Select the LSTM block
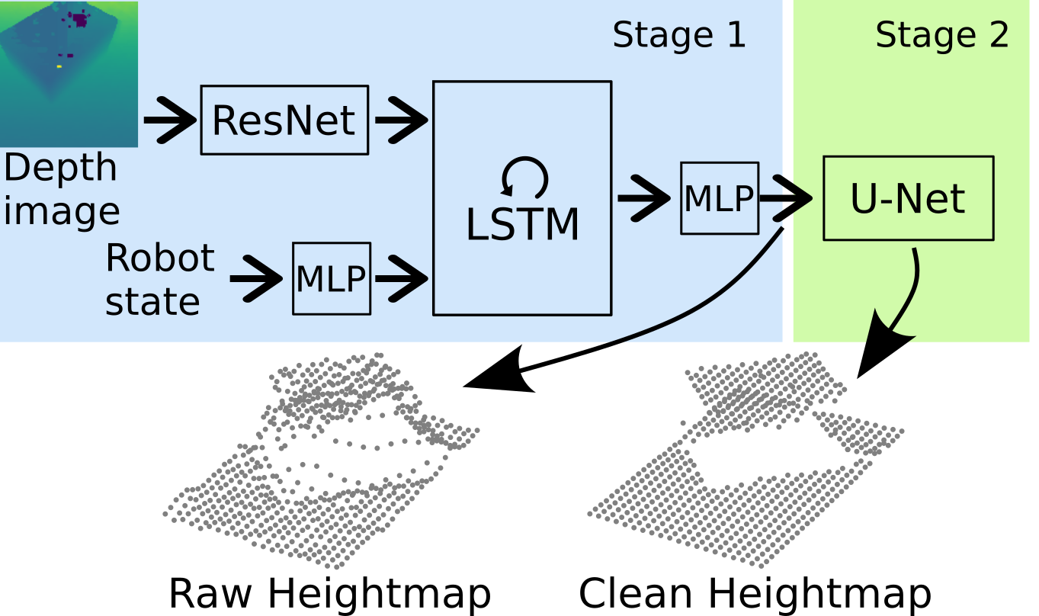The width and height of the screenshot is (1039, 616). [522, 198]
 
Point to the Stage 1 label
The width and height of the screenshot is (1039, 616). [678, 36]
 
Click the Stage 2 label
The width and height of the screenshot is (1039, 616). [942, 36]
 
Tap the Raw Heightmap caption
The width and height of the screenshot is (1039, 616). [330, 593]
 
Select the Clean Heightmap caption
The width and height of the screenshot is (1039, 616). [755, 593]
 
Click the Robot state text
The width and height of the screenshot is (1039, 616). [160, 279]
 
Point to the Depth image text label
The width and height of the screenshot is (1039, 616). [62, 189]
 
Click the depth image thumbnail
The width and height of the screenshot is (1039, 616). [69, 74]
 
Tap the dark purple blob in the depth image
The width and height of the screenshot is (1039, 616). [80, 21]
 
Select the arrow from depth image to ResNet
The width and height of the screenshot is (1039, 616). [170, 120]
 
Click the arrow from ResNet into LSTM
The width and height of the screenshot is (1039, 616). [402, 120]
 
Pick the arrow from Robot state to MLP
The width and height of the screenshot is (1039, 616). [256, 278]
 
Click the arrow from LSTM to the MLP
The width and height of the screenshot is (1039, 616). [644, 198]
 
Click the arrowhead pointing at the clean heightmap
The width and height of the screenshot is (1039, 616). [880, 345]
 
